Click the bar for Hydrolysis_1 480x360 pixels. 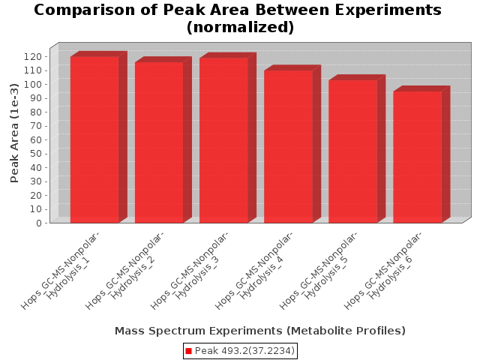coord(94,139)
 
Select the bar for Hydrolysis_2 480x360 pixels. coord(159,142)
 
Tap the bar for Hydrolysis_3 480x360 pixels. coord(223,140)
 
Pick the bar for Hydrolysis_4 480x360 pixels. coord(288,147)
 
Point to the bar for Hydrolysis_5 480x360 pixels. coord(353,151)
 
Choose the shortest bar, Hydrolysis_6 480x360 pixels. coord(418,157)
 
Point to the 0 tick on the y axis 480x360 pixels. coord(39,223)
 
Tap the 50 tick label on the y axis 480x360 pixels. coord(36,153)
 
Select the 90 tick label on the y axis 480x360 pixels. coord(36,98)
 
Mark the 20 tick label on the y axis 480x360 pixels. coord(36,195)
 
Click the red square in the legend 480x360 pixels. coord(188,351)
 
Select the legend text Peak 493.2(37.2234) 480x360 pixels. coord(244,351)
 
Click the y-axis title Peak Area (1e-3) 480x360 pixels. coord(14,133)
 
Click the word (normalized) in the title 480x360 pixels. coord(240,27)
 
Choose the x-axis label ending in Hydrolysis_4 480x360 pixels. coord(253,271)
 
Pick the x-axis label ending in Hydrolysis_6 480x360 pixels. coord(382,271)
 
